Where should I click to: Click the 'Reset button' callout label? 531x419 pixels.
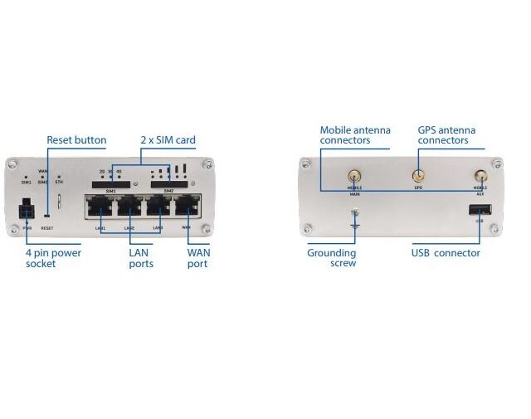76,140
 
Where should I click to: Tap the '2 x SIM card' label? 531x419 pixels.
168,140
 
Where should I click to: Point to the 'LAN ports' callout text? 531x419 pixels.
140,258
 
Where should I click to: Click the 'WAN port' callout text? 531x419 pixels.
197,258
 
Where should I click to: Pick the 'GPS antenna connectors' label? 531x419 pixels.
443,135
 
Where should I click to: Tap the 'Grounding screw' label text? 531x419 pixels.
332,258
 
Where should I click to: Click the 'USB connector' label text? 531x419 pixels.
446,253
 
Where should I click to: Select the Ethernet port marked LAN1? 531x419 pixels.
100,207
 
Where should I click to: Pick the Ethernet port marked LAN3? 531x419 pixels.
159,207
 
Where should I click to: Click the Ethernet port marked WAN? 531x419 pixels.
189,207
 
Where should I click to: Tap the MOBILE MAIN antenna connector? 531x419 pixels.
354,176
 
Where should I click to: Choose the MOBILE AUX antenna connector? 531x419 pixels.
480,176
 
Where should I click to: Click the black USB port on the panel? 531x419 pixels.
479,209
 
